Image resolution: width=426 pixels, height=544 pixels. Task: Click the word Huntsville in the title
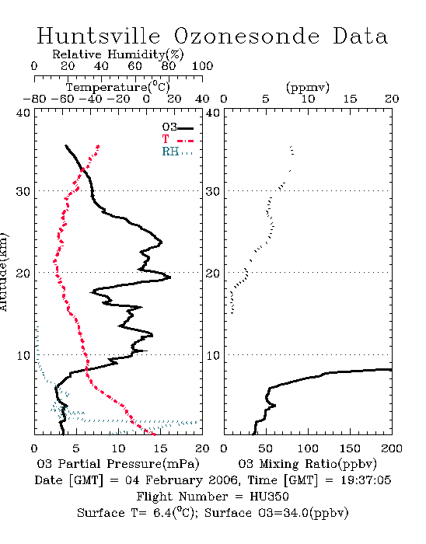point(99,36)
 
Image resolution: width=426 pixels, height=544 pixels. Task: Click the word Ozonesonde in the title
point(246,36)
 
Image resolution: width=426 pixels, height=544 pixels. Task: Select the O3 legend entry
point(178,127)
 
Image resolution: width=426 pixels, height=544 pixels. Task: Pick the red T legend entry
point(178,139)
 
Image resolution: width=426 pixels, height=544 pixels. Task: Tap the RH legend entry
point(177,152)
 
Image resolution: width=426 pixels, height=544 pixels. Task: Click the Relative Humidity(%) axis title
point(118,54)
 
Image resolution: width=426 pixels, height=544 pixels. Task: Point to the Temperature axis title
point(118,87)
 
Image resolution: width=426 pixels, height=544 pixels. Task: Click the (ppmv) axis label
point(308,88)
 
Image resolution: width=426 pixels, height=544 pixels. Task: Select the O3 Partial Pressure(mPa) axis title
point(118,464)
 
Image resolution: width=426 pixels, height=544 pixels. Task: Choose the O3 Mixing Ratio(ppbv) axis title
point(307,464)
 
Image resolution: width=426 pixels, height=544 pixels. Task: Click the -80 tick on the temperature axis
point(34,99)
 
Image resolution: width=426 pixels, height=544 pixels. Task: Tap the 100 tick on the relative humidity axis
point(203,66)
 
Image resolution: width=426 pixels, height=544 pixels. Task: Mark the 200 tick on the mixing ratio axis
point(392,448)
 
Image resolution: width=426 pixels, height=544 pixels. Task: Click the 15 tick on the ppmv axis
point(350,99)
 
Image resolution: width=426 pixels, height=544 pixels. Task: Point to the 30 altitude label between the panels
point(213,191)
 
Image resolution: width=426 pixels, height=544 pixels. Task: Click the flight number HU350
point(269,497)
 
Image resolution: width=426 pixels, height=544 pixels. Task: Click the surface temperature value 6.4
point(162,513)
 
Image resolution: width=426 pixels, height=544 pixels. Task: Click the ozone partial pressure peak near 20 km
point(170,277)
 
